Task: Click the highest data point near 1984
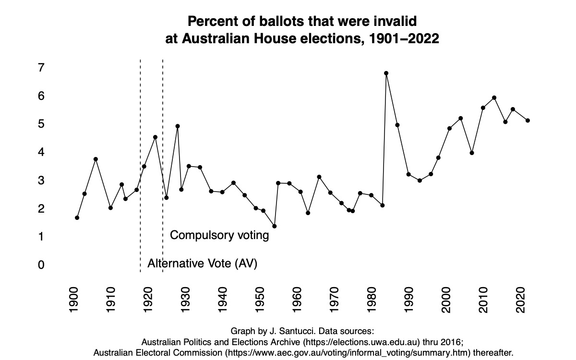tap(386, 73)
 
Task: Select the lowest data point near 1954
tap(274, 226)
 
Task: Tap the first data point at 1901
tap(77, 218)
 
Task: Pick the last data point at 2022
tap(528, 120)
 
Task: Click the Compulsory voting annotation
tap(219, 236)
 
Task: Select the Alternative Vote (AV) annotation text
tap(202, 264)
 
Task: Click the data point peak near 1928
tap(178, 126)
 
